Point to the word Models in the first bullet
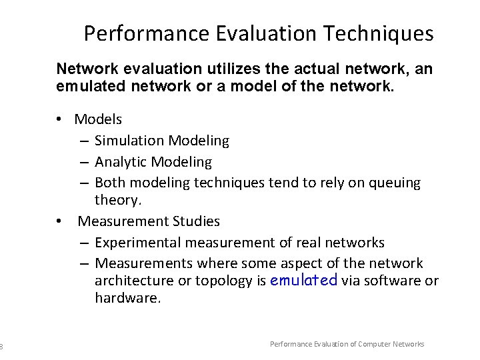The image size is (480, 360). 98,119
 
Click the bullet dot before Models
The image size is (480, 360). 59,119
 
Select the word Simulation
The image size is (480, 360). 129,141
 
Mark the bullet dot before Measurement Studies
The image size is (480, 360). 59,221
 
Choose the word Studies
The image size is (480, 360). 195,221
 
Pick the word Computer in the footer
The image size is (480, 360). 379,344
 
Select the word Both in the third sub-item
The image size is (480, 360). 109,183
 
